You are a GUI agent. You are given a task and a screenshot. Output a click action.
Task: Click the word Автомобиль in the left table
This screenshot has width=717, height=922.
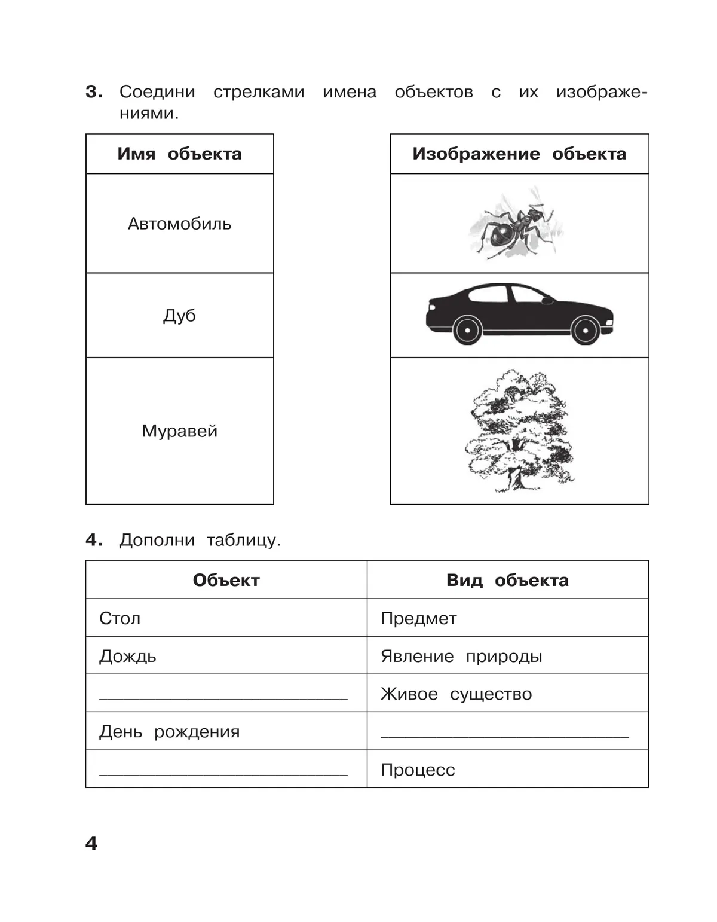(179, 224)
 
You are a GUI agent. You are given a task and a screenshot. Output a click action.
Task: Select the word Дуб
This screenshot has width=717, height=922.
(179, 315)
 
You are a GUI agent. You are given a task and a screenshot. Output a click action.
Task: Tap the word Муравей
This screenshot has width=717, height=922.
(179, 431)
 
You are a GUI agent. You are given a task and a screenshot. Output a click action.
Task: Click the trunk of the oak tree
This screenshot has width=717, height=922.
(515, 475)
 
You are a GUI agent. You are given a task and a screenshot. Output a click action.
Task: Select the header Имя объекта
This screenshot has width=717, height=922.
(179, 154)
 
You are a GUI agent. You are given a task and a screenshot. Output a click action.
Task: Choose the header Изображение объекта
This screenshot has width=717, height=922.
(519, 154)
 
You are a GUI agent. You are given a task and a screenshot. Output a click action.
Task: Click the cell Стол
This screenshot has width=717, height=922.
(120, 618)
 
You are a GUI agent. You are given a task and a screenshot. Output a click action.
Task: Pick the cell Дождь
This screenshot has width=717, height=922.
(128, 656)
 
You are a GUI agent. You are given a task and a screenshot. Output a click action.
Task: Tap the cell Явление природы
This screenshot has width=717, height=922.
(461, 656)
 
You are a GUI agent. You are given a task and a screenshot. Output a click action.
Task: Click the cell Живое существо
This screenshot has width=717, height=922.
(456, 694)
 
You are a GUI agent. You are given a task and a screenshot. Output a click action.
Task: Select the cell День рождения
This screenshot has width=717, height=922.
(169, 731)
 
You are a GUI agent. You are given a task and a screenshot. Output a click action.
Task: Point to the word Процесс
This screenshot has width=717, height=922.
(418, 770)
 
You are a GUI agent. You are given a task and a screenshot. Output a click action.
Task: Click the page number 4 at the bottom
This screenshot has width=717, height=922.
(91, 843)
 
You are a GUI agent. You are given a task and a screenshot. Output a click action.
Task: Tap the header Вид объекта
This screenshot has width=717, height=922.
(507, 580)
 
